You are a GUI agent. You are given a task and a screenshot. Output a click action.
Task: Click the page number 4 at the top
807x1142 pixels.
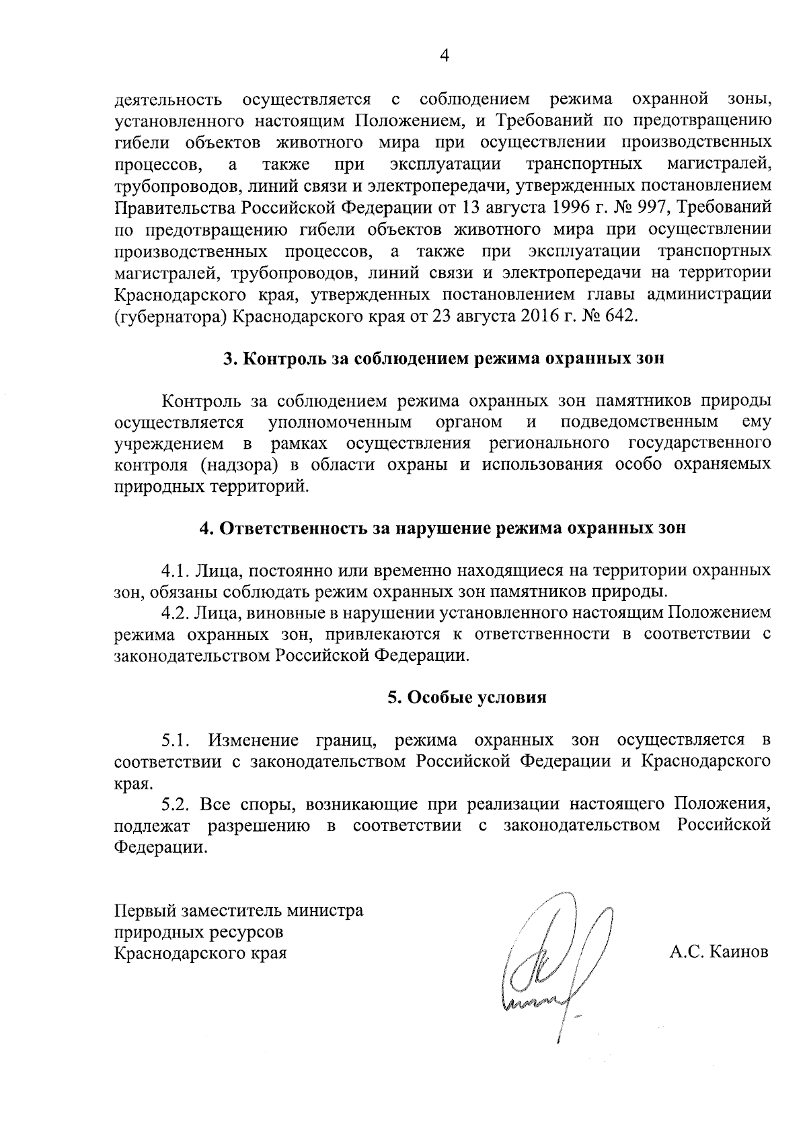point(444,56)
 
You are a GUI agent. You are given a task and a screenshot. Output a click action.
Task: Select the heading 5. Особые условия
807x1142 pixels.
point(466,697)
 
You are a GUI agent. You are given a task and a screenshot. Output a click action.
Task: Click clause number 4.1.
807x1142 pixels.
point(176,571)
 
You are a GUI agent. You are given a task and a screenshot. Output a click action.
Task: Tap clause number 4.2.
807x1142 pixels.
point(176,613)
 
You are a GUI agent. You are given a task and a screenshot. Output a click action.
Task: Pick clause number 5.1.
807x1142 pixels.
point(177,741)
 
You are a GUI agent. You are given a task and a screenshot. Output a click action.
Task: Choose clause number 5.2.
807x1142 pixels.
point(177,804)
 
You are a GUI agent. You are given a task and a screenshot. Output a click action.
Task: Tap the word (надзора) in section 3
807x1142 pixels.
point(239,465)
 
